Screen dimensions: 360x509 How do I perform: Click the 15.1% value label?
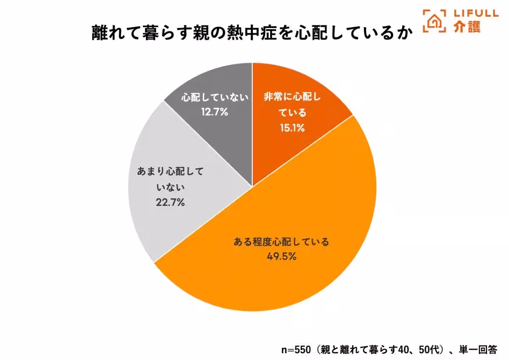(292, 127)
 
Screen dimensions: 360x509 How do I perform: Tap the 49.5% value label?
(281, 256)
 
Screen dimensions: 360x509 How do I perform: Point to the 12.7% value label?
(214, 112)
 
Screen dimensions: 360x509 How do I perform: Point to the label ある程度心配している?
(281, 242)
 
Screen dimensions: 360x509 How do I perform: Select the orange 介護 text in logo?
(467, 27)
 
